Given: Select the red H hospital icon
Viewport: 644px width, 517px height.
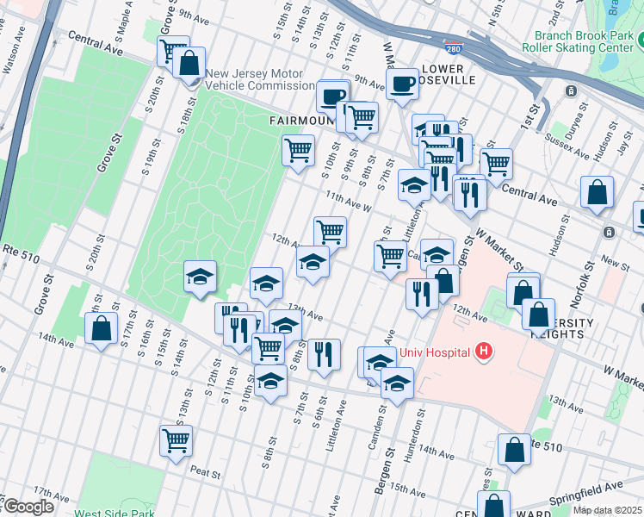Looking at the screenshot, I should coord(485,352).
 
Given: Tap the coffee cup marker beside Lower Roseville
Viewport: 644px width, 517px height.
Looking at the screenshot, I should coord(402,84).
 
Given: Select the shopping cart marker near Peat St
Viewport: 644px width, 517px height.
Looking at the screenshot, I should coord(176,440).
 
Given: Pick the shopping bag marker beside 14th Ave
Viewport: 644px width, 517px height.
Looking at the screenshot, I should coord(102,328).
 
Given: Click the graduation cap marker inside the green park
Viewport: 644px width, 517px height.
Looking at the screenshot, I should coord(200,276).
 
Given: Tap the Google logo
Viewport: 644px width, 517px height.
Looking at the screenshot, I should coord(28,507).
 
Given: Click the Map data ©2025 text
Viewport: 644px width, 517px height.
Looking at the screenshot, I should coord(606,510).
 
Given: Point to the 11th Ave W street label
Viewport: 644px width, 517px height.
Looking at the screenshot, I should coord(348,202).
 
